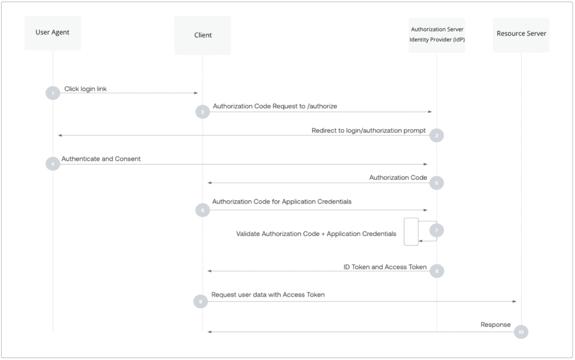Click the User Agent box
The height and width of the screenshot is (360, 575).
tap(53, 33)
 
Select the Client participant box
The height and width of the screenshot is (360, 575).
tap(203, 35)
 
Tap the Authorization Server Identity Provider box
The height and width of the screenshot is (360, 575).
tap(437, 35)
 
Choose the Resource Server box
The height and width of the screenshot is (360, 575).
tap(521, 35)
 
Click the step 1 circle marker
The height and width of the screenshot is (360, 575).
tap(53, 93)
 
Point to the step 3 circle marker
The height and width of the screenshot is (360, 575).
tap(436, 135)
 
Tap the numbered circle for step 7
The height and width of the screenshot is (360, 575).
tap(436, 230)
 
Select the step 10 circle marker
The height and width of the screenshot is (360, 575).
tap(521, 332)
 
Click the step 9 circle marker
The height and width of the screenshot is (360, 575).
tap(200, 302)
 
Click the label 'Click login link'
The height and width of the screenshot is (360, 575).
tap(85, 89)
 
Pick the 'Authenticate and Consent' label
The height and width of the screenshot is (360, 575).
tap(101, 159)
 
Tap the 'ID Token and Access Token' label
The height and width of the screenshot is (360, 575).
tap(385, 267)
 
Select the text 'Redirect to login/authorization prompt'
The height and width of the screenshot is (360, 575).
tap(368, 130)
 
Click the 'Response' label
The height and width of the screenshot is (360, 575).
tap(495, 325)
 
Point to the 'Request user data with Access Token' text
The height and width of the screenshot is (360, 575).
tap(268, 295)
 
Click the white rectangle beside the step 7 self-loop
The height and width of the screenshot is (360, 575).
tap(411, 232)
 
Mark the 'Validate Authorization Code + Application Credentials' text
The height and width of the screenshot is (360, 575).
tap(316, 234)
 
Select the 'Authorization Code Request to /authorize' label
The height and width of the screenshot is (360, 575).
tap(275, 106)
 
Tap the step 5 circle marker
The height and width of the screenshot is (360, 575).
tap(436, 183)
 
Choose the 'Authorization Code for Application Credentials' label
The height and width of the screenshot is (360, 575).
tap(282, 202)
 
